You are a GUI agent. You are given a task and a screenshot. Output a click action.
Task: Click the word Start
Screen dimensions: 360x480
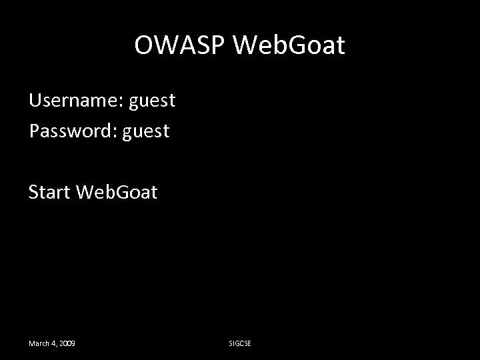coord(50,193)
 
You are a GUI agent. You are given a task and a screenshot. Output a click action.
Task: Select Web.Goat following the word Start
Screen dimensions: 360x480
coord(117,193)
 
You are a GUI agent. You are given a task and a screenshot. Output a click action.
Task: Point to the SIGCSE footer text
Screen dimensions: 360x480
coord(239,343)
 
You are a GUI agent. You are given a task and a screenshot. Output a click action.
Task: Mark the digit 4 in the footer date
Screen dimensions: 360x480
coord(53,343)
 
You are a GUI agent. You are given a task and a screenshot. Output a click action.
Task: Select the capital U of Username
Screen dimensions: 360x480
coord(35,101)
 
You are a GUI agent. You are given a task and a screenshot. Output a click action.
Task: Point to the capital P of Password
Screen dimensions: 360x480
coord(34,131)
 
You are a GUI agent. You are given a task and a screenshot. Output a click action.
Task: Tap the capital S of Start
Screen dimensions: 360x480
coord(34,193)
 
